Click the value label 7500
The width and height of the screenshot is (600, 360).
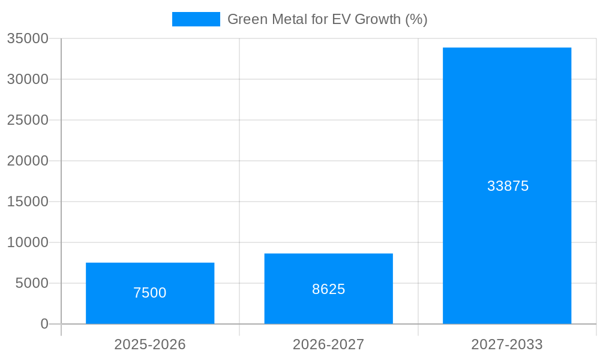[150, 293]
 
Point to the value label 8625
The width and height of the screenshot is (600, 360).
[328, 289]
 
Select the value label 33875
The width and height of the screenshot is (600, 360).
[508, 186]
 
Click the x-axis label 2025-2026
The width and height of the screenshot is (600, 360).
[150, 344]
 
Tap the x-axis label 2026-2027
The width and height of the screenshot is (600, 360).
[328, 344]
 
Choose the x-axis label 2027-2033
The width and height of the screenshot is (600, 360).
[507, 344]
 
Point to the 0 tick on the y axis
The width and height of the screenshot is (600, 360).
[44, 324]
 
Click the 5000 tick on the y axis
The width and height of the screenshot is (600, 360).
[32, 283]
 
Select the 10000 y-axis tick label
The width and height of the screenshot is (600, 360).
[28, 242]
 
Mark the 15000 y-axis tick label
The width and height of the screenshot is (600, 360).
[28, 202]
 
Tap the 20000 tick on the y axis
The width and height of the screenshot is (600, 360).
[28, 161]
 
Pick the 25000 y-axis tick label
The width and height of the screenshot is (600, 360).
[28, 120]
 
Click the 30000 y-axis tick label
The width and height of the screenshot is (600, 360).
[28, 79]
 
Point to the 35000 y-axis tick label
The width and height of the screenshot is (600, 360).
[28, 38]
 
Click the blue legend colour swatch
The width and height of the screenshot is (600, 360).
[196, 19]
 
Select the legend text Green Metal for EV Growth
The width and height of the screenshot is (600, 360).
[327, 19]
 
